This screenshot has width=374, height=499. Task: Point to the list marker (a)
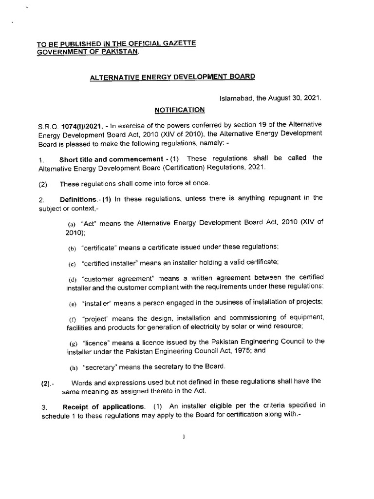(x=71, y=223)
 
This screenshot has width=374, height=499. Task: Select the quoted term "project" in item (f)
(x=97, y=318)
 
